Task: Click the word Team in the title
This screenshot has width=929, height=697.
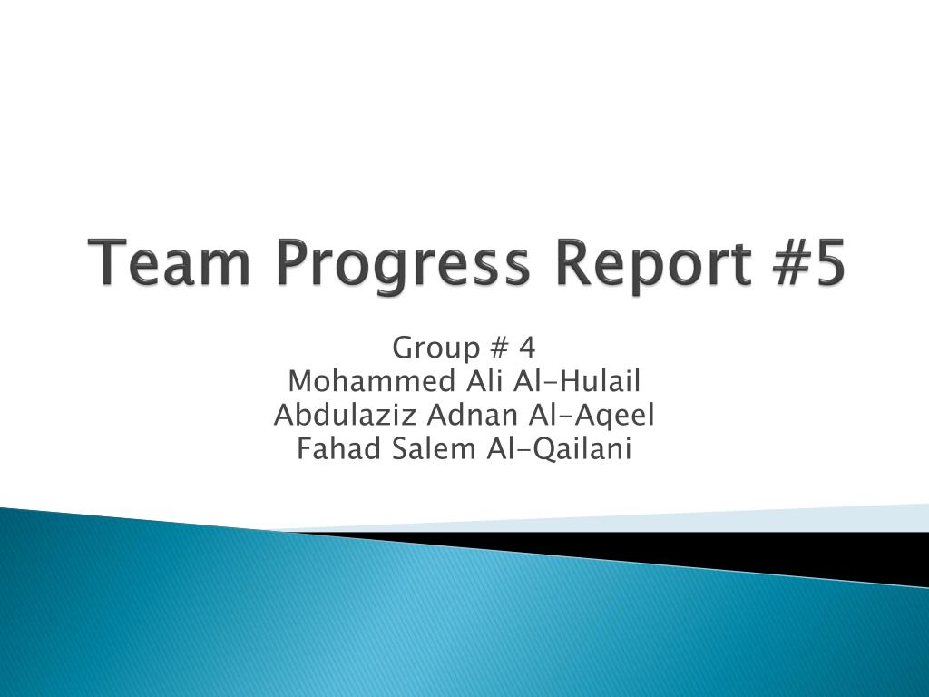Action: pos(169,261)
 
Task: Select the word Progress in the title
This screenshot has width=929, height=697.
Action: pos(402,266)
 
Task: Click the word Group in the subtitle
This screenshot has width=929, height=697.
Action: pos(436,349)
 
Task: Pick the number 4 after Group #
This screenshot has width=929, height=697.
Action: pos(527,348)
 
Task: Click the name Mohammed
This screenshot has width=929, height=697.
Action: pos(371,381)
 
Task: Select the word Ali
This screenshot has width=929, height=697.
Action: pos(484,381)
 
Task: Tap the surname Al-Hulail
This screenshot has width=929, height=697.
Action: pos(577,381)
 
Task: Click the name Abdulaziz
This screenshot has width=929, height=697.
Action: pos(345,415)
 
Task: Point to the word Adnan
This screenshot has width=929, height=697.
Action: pos(473,415)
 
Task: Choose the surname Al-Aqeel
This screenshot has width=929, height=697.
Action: pos(592,417)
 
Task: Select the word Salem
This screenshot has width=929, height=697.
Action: pos(434,448)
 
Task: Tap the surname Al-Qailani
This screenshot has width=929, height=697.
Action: pos(559,449)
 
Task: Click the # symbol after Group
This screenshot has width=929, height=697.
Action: pos(500,348)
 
